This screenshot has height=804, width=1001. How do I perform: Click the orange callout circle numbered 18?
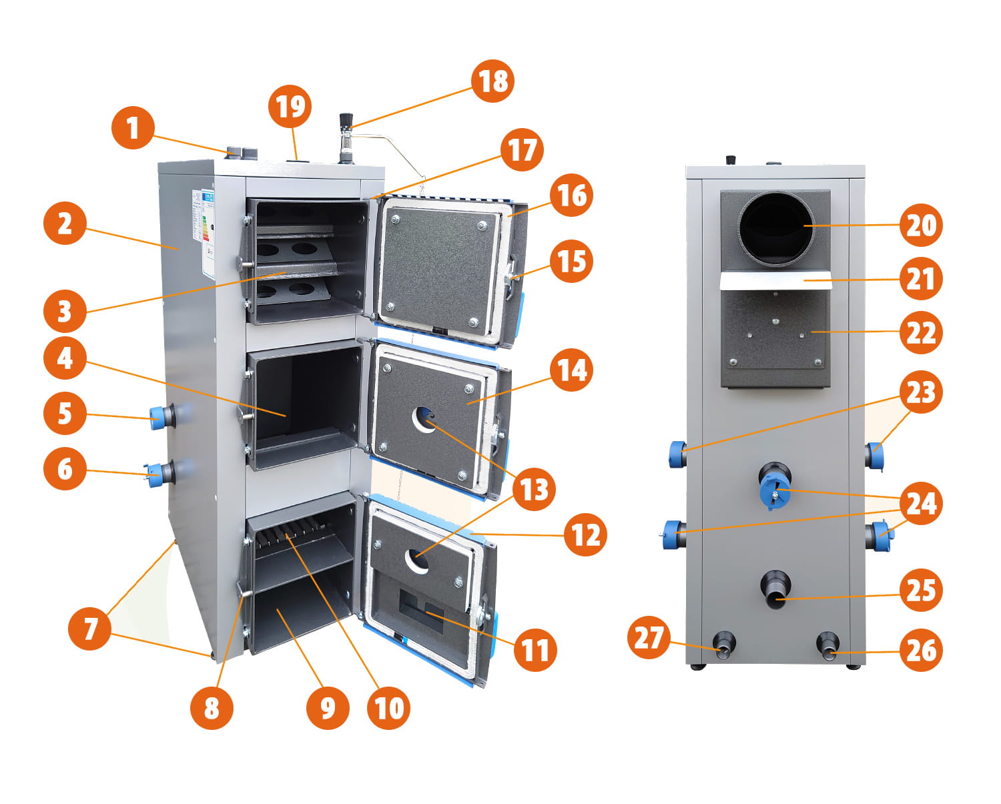tap(493, 81)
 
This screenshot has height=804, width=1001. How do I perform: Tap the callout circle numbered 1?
tap(133, 127)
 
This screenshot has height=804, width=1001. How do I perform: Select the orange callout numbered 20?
tap(921, 225)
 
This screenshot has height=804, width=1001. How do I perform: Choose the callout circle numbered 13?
tap(534, 489)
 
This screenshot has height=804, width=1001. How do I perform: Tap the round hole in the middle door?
tap(424, 418)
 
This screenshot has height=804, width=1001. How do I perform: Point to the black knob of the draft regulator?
tap(346, 120)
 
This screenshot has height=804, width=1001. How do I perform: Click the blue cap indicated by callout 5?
tap(159, 417)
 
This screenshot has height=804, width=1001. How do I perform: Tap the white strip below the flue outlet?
tap(776, 281)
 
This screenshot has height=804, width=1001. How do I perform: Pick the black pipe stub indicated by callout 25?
tap(776, 588)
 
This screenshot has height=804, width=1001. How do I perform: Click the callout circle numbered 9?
tap(328, 707)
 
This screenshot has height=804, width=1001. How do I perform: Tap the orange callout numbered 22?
tap(921, 332)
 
